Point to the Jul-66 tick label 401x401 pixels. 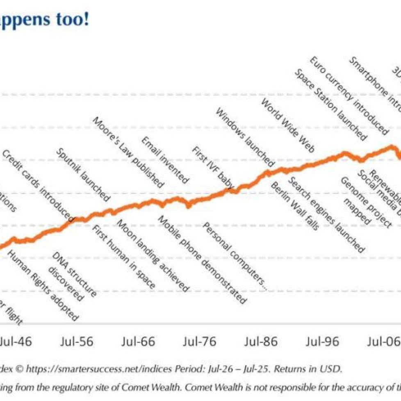tap(139, 341)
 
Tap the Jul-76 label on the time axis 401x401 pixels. tap(200, 341)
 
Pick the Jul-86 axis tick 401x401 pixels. tap(261, 341)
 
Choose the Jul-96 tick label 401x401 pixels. tap(323, 341)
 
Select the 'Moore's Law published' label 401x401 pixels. tap(128, 152)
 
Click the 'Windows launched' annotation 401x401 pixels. tap(245, 137)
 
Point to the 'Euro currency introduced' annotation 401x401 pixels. tap(348, 96)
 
